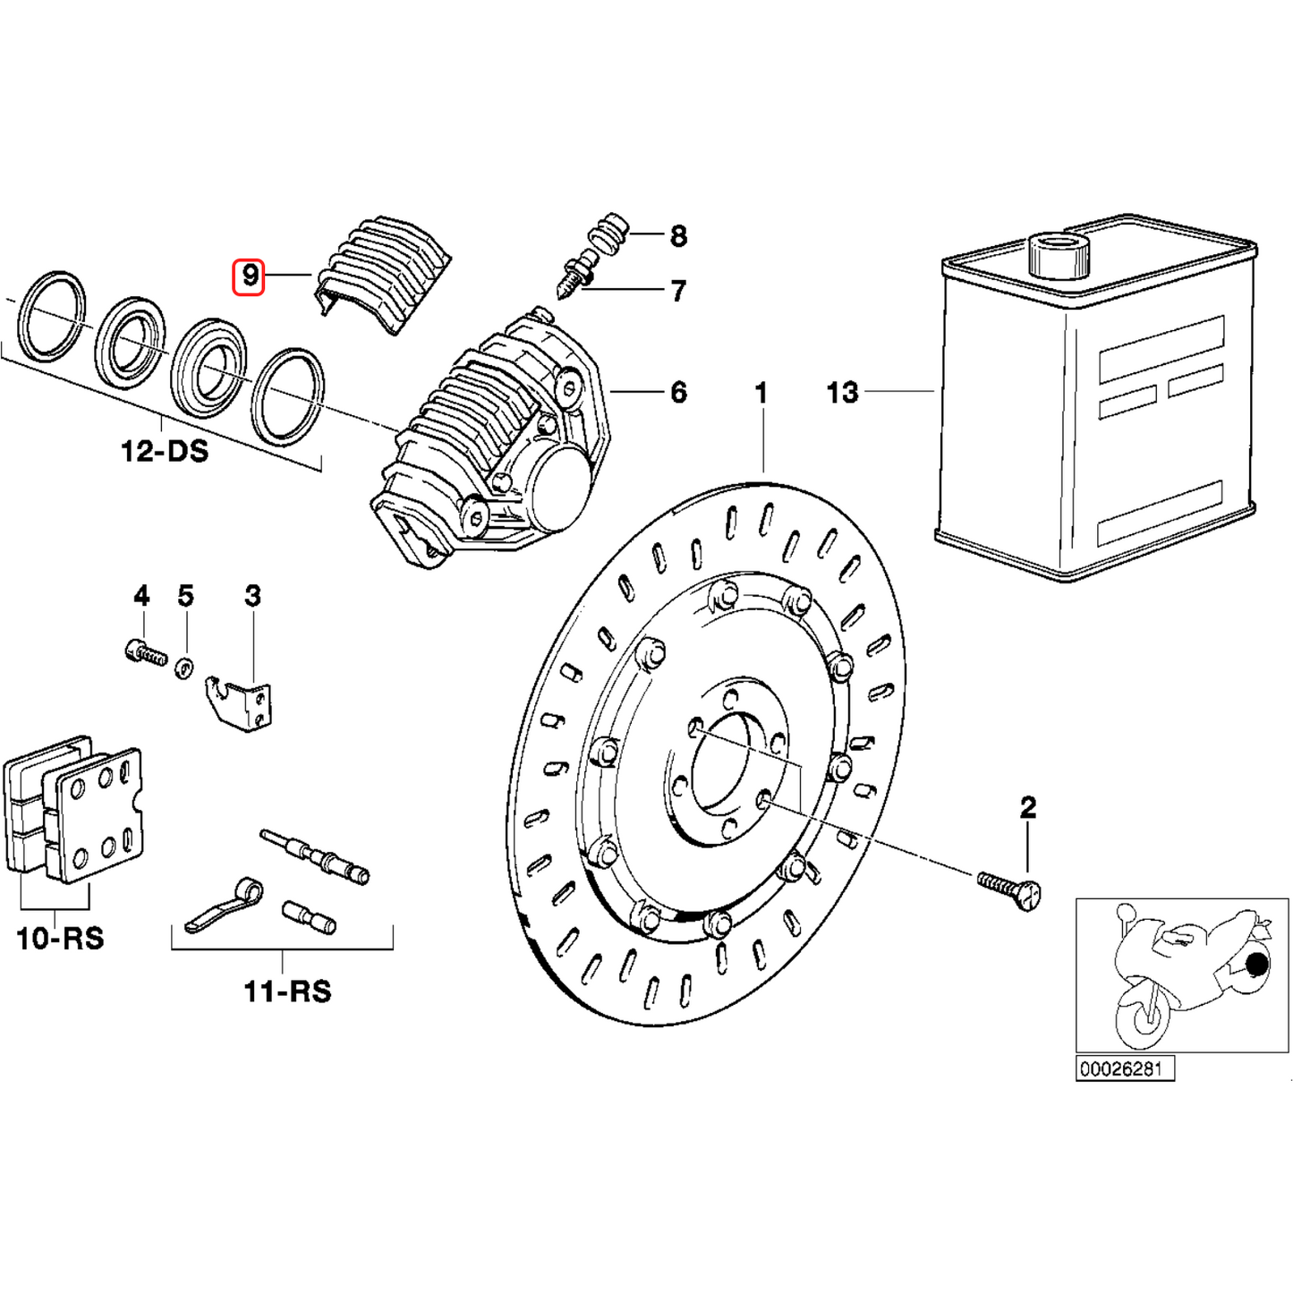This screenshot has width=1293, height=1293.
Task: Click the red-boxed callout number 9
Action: point(249,276)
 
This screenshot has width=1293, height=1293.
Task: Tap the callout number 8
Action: point(678,236)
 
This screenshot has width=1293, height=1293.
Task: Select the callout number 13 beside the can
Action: point(842,392)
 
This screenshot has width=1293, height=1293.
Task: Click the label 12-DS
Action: point(165,450)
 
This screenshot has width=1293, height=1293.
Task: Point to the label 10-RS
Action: point(60,938)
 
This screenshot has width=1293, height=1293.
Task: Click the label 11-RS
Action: point(287,991)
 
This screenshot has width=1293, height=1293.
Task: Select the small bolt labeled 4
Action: point(146,652)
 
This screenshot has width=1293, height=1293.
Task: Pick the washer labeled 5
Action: point(184,667)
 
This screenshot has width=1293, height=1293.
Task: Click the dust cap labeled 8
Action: point(608,231)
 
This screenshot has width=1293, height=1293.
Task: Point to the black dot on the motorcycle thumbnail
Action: point(1256,965)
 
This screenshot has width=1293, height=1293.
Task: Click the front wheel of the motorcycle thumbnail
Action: point(1141,1016)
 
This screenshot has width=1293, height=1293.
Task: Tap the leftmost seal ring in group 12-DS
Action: point(54,315)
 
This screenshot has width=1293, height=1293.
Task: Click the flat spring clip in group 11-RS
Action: point(224,906)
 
